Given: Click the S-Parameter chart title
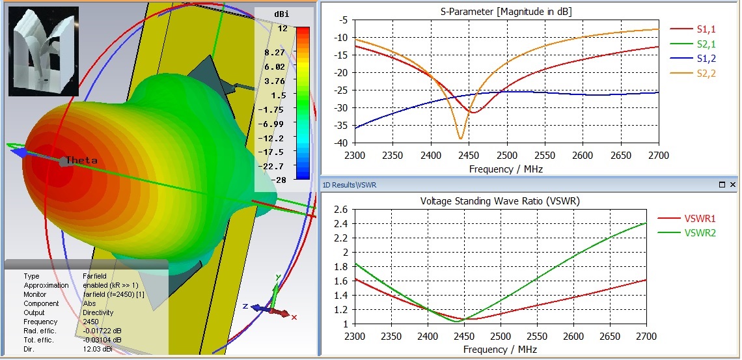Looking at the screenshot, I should [497, 11].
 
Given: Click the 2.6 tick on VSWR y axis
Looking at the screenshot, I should [339, 209].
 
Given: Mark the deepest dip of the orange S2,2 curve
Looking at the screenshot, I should [460, 139].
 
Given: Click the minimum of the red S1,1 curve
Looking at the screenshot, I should [473, 113].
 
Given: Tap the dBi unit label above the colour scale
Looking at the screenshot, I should [281, 13].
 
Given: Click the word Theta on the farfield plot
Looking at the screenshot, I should [81, 161].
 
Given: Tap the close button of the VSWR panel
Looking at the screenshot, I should [733, 185].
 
